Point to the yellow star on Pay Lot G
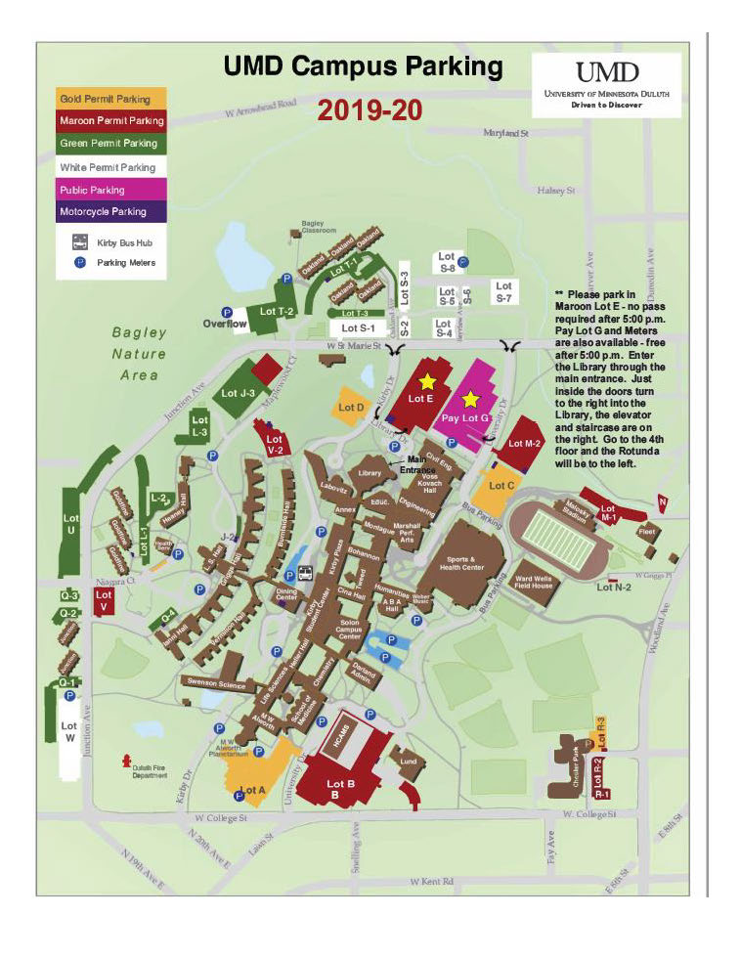click(x=471, y=399)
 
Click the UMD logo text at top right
click(x=607, y=72)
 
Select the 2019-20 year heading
click(x=370, y=109)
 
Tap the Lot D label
click(x=351, y=407)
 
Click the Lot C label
click(x=501, y=486)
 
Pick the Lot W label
click(x=68, y=732)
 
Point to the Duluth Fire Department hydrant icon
click(x=125, y=760)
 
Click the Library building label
click(x=369, y=473)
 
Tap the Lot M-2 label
click(x=519, y=444)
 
